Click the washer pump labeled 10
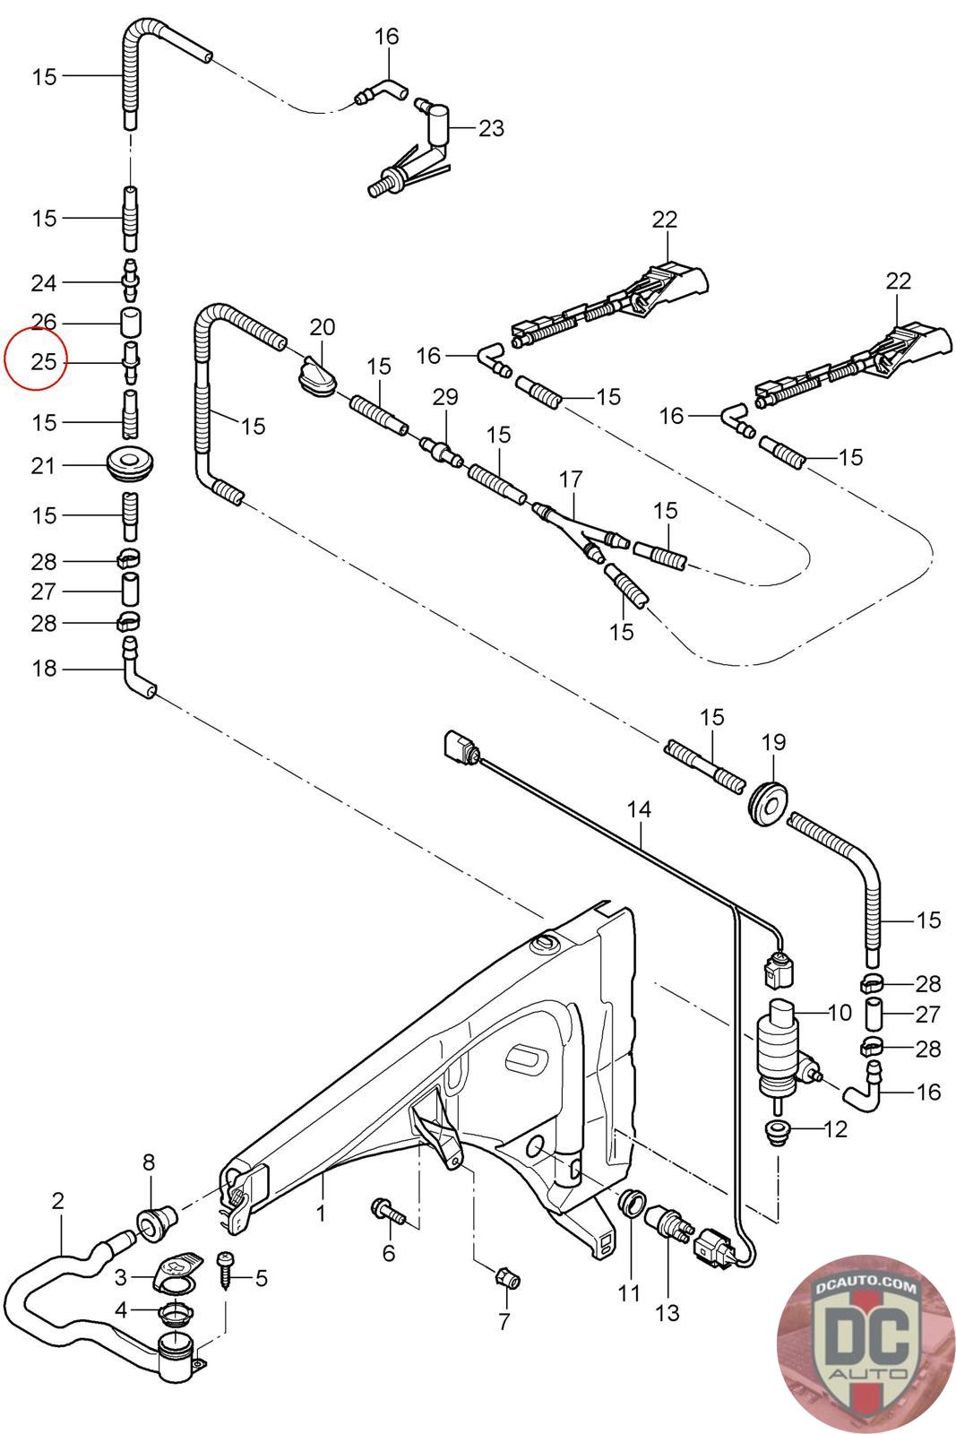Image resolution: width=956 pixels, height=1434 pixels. [x=779, y=1043]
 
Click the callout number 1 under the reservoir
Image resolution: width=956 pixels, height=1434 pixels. [x=321, y=1214]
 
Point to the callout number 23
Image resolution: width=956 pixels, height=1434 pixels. [x=491, y=128]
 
